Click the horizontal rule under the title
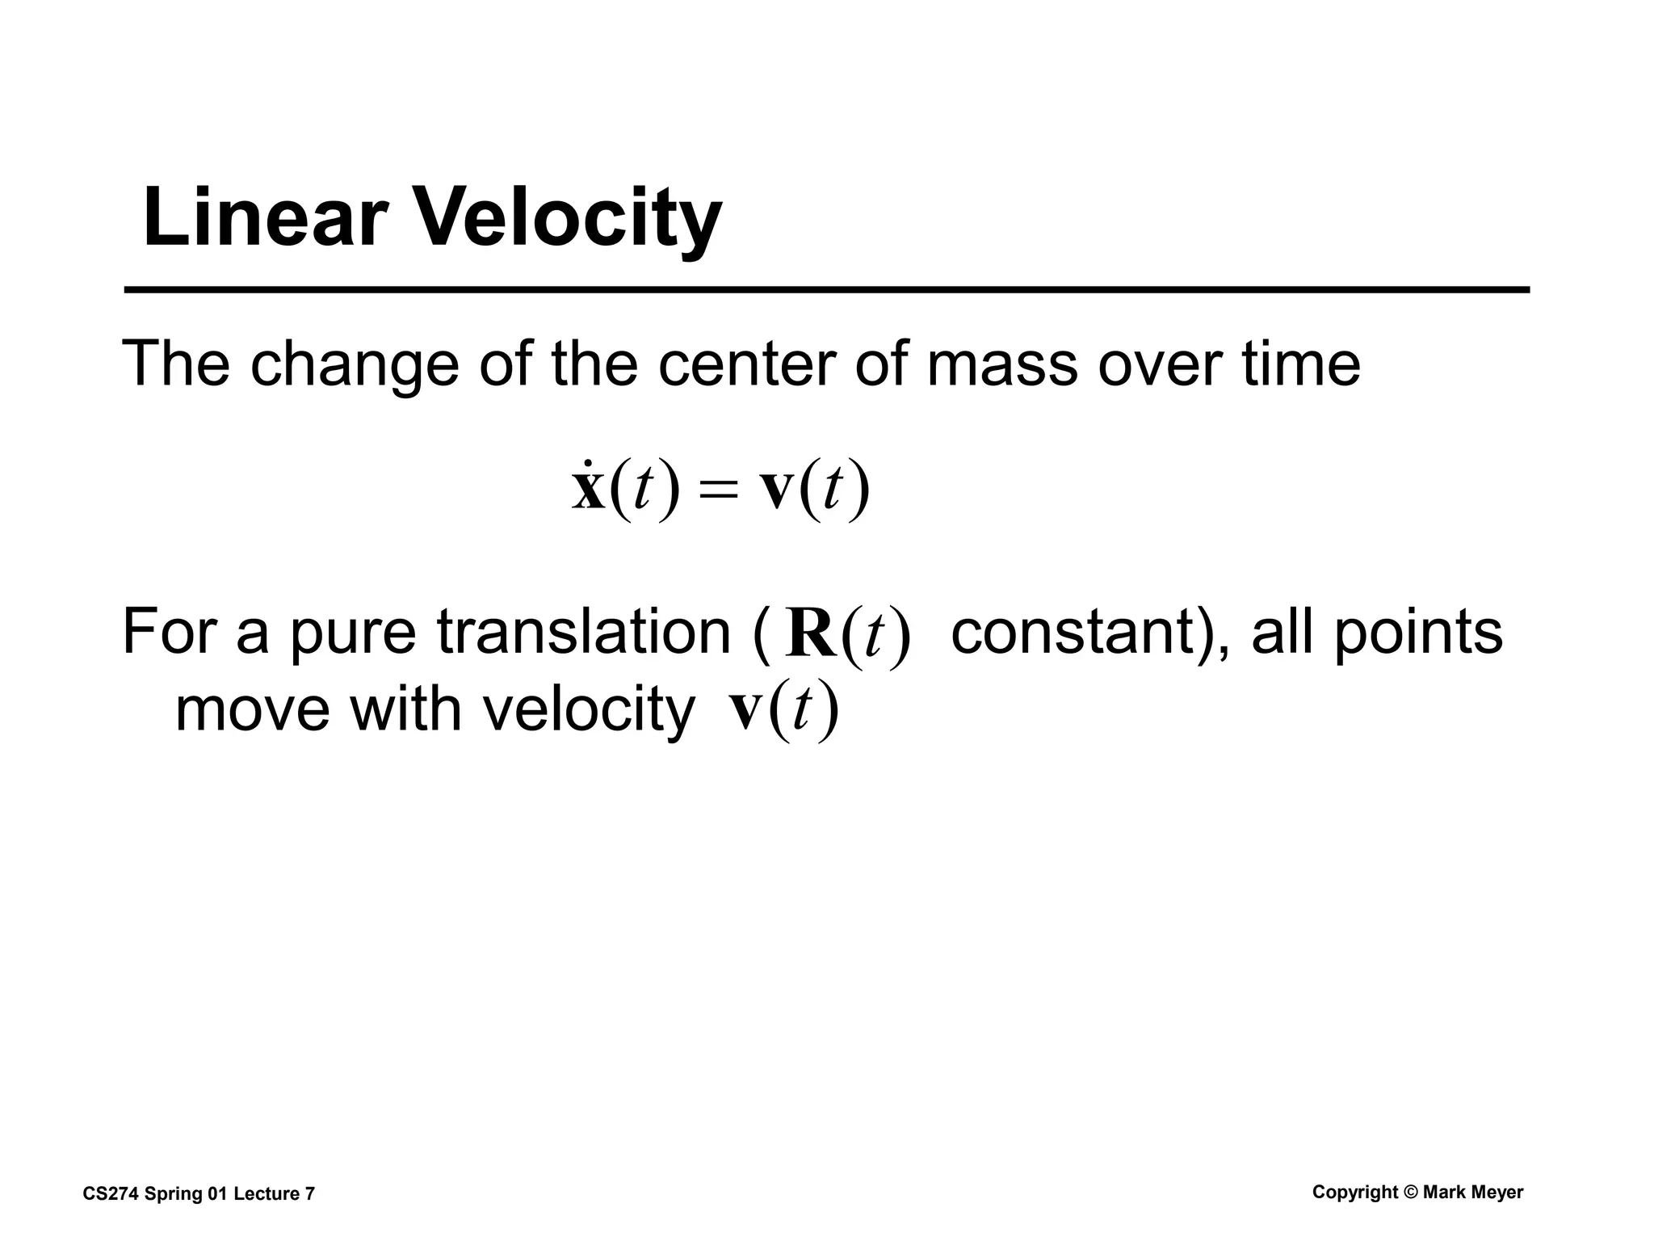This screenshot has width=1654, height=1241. tap(826, 289)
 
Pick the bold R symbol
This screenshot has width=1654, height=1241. tap(811, 635)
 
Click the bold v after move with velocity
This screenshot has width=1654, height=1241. tap(745, 709)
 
